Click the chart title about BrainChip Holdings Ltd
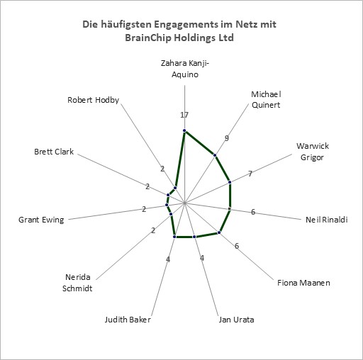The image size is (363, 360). point(179,31)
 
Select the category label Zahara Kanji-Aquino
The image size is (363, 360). point(185,69)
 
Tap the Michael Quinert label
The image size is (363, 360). point(266,99)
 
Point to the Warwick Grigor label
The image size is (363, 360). point(313,152)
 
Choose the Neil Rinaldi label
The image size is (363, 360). point(327,220)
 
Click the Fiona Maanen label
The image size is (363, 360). point(303,283)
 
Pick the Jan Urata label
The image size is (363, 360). point(236,320)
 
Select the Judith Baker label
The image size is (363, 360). point(128,320)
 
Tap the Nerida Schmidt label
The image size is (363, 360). point(77,283)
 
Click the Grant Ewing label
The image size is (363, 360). point(41,220)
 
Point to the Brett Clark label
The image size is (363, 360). point(54,152)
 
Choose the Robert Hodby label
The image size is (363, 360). point(93,100)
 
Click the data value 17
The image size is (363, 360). point(184,115)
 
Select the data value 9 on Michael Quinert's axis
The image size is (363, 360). point(227,138)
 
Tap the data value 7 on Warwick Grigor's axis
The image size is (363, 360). point(250,174)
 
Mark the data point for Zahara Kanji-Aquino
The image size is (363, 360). point(184,131)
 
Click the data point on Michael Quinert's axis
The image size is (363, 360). point(215,155)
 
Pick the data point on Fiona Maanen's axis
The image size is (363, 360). point(219,232)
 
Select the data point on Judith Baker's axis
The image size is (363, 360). point(174,237)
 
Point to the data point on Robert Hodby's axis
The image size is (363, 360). point(175,188)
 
